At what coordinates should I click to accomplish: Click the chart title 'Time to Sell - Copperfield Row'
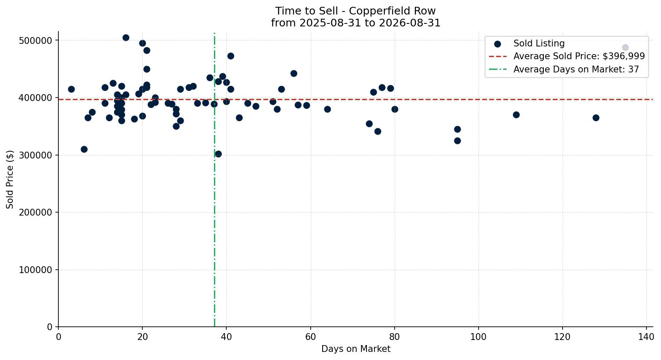355,11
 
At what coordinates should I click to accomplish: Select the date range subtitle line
355,23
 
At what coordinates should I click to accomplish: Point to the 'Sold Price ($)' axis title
10,179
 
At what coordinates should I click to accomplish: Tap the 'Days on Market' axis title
355,349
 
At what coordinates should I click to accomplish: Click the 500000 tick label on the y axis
35,40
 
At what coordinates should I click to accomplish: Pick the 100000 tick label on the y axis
35,270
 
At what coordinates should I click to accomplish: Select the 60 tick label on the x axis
310,337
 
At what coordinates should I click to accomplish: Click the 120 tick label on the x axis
563,337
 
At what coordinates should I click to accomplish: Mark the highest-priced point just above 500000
126,38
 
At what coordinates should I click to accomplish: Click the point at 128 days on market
596,118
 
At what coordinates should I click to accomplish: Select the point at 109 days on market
516,115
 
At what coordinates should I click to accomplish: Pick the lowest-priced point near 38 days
218,154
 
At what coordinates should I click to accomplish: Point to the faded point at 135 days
625,48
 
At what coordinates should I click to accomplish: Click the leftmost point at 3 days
71,89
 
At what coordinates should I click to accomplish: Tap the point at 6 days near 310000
84,149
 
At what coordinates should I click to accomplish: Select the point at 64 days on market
327,109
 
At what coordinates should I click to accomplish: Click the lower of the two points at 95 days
457,141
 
